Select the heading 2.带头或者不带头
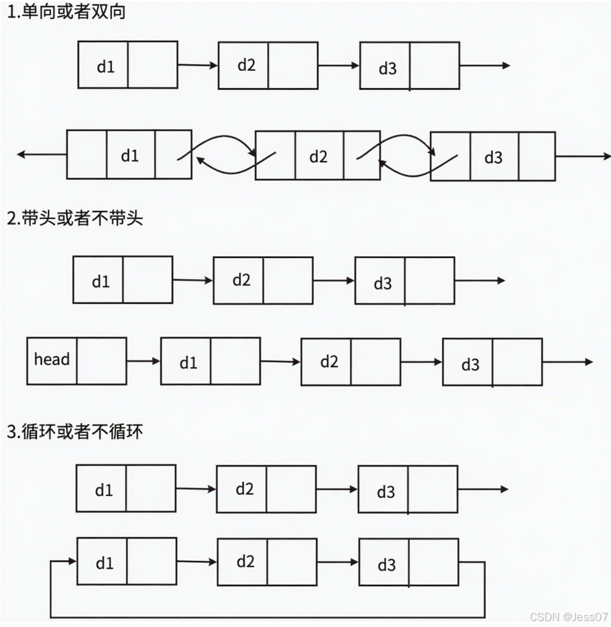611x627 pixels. coord(75,219)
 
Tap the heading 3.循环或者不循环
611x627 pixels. coord(75,432)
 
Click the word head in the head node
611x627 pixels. coord(52,359)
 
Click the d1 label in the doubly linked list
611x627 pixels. coord(130,156)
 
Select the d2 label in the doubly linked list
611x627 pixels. coord(318,156)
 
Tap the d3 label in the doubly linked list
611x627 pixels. coord(494,158)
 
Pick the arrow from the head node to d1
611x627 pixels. coord(143,361)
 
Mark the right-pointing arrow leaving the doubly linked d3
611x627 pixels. coord(582,156)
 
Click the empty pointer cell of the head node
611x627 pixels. coord(101,361)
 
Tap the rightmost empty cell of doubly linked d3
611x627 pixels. coord(537,156)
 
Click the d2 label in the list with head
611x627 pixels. coord(329,361)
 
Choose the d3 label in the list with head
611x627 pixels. coord(470,364)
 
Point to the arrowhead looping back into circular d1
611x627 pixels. coord(70,561)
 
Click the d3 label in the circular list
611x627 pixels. coord(386,565)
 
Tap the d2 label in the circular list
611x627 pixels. coord(245,562)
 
